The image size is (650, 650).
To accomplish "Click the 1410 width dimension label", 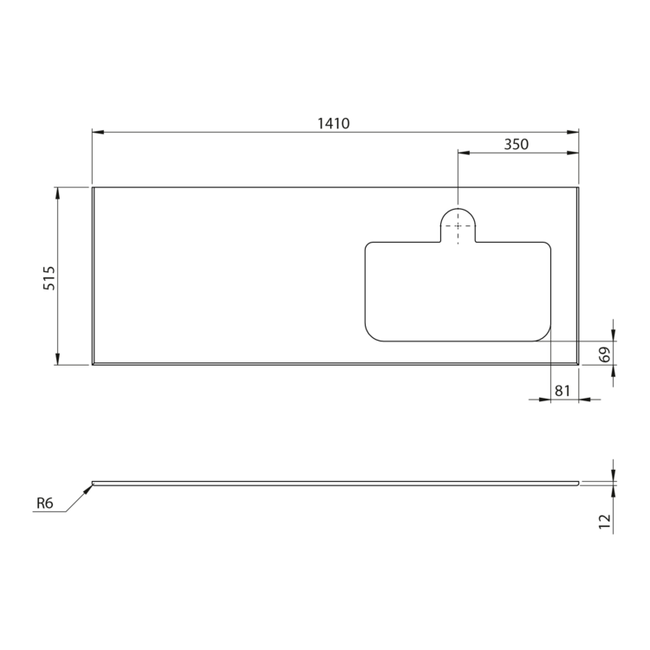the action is point(334,123).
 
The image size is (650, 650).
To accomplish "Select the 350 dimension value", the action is point(517,144).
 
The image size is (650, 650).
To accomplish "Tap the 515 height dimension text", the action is point(49,277).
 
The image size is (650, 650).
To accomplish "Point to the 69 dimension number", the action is point(605,354).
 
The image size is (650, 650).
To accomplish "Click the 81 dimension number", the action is point(562,391).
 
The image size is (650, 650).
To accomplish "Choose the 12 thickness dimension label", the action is point(605,521).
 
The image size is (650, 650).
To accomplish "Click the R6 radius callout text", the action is point(45,504).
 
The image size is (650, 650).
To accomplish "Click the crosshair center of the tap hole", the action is point(458,226).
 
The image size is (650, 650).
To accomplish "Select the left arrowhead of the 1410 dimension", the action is point(98,133).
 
